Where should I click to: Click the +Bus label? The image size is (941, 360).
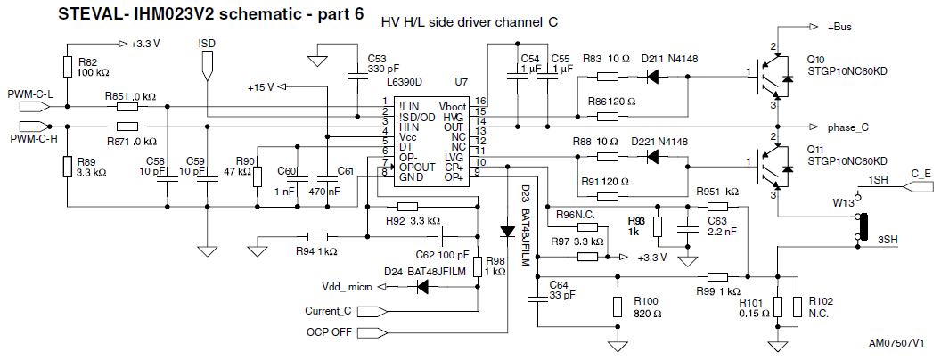click(x=842, y=27)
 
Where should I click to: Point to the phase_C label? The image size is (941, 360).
click(x=847, y=127)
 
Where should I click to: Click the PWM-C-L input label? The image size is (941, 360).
click(x=31, y=94)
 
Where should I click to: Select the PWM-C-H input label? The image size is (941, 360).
click(x=31, y=139)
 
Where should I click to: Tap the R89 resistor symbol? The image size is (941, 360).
click(x=68, y=167)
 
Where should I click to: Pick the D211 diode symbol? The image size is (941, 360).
click(x=654, y=76)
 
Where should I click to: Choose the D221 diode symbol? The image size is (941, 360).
click(x=654, y=158)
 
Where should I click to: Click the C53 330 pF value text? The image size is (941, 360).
click(x=384, y=70)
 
